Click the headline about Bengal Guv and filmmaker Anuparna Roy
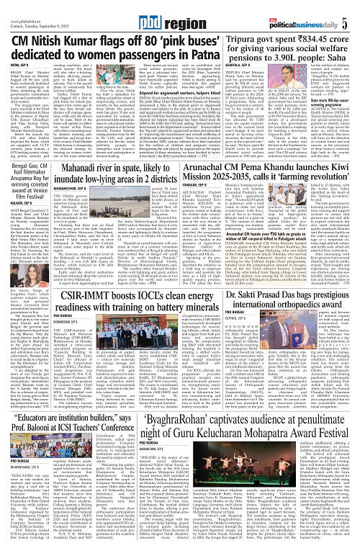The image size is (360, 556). click(x=30, y=195)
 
